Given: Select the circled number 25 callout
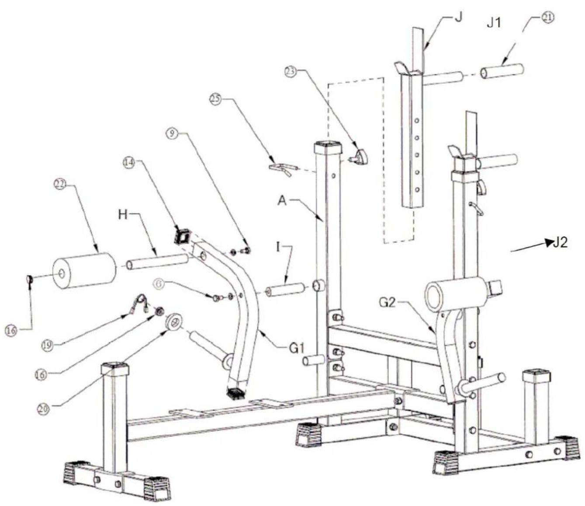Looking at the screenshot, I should [x=215, y=99].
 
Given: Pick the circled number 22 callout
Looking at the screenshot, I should [x=60, y=185].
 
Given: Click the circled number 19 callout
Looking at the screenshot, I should [x=47, y=345].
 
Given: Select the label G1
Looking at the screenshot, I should [x=297, y=348].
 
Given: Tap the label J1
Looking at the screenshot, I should [x=494, y=23].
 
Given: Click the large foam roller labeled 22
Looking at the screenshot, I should [x=84, y=271].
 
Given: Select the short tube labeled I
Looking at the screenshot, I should [x=285, y=289].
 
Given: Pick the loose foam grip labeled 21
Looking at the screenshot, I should [x=502, y=71].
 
